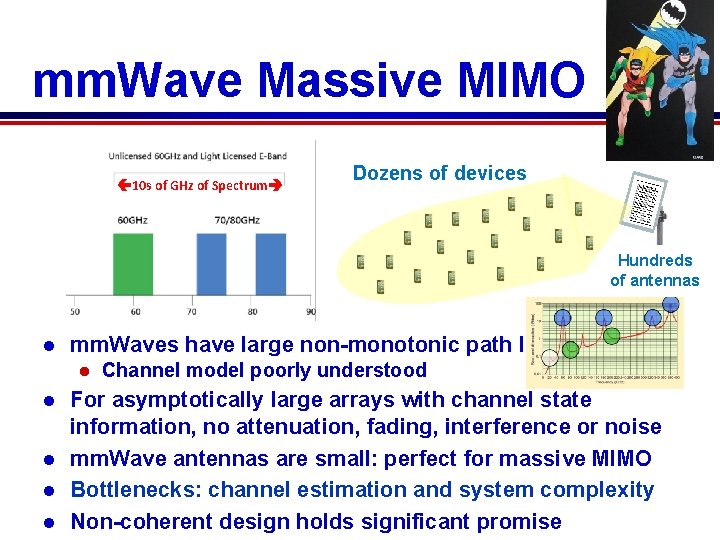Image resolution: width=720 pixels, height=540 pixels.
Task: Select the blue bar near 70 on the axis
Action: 212,260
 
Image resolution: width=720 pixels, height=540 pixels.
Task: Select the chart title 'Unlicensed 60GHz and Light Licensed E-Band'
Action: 198,155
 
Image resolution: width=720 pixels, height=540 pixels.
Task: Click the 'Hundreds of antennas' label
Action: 655,270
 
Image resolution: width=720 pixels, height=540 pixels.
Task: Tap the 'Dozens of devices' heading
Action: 439,173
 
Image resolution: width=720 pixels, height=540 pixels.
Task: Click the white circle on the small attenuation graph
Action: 549,357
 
